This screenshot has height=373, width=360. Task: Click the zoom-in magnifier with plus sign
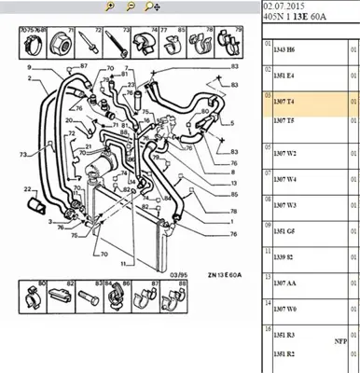109,7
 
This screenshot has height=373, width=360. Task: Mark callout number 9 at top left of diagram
29,69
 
